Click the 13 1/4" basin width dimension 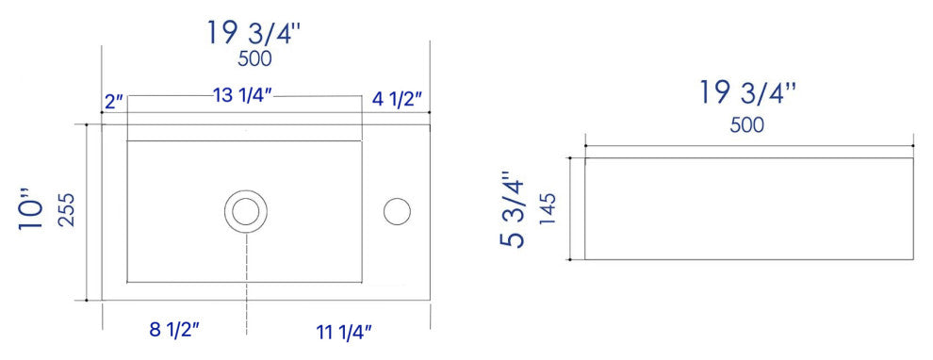point(242,96)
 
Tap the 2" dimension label point(114,102)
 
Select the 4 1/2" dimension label point(396,99)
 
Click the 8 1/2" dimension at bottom point(173,330)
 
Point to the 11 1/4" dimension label point(344,332)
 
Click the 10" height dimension point(32,214)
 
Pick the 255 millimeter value point(67,209)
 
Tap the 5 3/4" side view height point(513,209)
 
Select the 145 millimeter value point(548,209)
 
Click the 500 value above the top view point(254,59)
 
